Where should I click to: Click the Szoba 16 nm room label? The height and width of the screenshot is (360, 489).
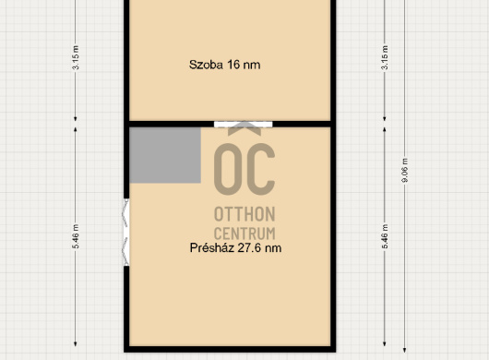(224, 65)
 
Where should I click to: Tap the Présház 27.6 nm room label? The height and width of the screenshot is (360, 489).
(236, 248)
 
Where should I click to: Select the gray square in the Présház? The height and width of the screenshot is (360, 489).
(165, 155)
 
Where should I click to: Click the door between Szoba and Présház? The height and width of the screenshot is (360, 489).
(244, 125)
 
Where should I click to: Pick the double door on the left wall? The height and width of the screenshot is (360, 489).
(126, 233)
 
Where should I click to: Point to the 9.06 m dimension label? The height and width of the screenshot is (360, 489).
(405, 171)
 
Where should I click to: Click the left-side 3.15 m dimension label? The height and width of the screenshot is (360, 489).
(76, 57)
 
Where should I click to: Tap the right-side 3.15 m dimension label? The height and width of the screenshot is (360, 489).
(385, 57)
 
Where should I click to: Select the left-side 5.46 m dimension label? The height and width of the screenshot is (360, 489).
(76, 236)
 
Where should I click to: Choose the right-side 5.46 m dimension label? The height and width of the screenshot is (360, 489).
(385, 236)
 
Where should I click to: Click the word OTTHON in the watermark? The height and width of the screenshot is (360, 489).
(244, 214)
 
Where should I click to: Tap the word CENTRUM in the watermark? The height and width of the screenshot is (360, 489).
(244, 234)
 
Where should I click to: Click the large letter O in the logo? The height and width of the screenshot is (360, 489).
(229, 170)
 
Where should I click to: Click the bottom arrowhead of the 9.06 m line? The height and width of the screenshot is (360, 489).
(404, 351)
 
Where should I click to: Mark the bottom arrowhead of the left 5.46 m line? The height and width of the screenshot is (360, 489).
(75, 343)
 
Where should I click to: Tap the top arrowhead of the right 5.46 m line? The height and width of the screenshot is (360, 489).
(384, 129)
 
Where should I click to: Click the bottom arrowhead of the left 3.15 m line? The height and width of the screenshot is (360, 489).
(75, 118)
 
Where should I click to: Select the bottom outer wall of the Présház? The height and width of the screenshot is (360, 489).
(230, 349)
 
